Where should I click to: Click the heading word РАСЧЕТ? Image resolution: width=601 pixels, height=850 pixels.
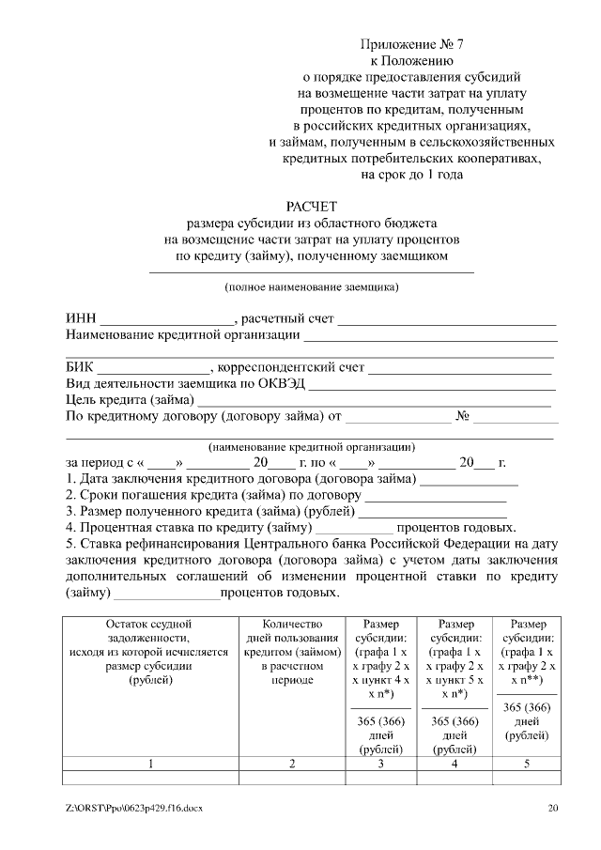(x=311, y=206)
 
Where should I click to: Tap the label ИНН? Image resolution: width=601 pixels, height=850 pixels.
(x=82, y=319)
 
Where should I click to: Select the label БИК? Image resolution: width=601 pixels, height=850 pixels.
(x=80, y=367)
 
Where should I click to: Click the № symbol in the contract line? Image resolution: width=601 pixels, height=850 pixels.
(x=462, y=415)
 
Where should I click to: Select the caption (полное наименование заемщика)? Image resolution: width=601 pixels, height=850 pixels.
(x=311, y=286)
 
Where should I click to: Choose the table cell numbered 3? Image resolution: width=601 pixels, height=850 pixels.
(x=380, y=764)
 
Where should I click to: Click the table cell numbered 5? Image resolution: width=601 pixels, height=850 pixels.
(x=526, y=764)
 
